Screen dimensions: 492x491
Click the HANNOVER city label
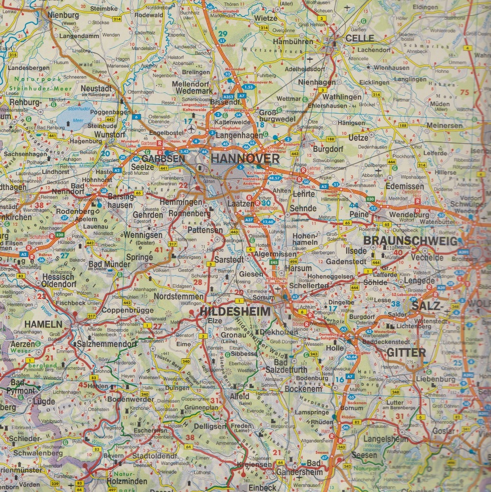[245, 159]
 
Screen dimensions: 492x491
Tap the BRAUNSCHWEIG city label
[410, 241]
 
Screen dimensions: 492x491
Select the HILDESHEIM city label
[235, 311]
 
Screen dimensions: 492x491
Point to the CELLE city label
[359, 38]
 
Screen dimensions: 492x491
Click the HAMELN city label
[43, 324]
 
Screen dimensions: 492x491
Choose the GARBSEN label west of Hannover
[159, 159]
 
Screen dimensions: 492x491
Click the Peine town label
[359, 214]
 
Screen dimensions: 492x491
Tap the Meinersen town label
[444, 125]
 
